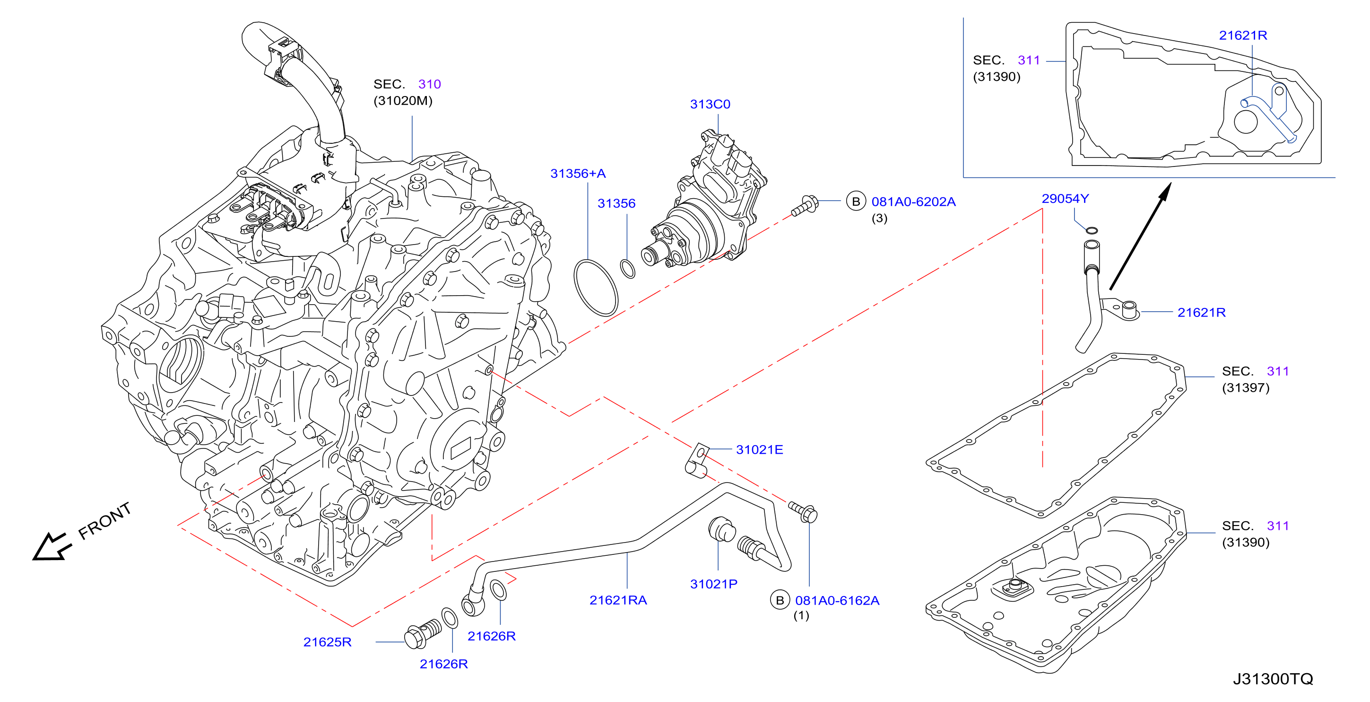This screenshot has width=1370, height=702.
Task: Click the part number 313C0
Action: [x=710, y=105]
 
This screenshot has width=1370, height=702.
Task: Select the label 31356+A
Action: [x=578, y=174]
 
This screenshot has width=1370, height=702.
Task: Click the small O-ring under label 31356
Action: [x=628, y=269]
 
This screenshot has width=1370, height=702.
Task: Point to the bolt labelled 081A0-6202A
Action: [x=805, y=205]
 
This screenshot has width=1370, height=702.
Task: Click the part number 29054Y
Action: [x=1065, y=199]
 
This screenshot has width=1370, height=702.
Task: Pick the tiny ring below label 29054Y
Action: [x=1091, y=230]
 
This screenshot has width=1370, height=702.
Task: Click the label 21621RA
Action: [x=618, y=600]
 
